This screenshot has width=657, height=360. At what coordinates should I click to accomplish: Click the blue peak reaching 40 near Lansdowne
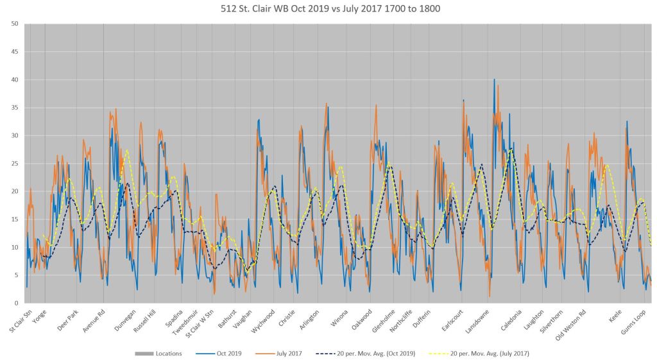click(x=494, y=80)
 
